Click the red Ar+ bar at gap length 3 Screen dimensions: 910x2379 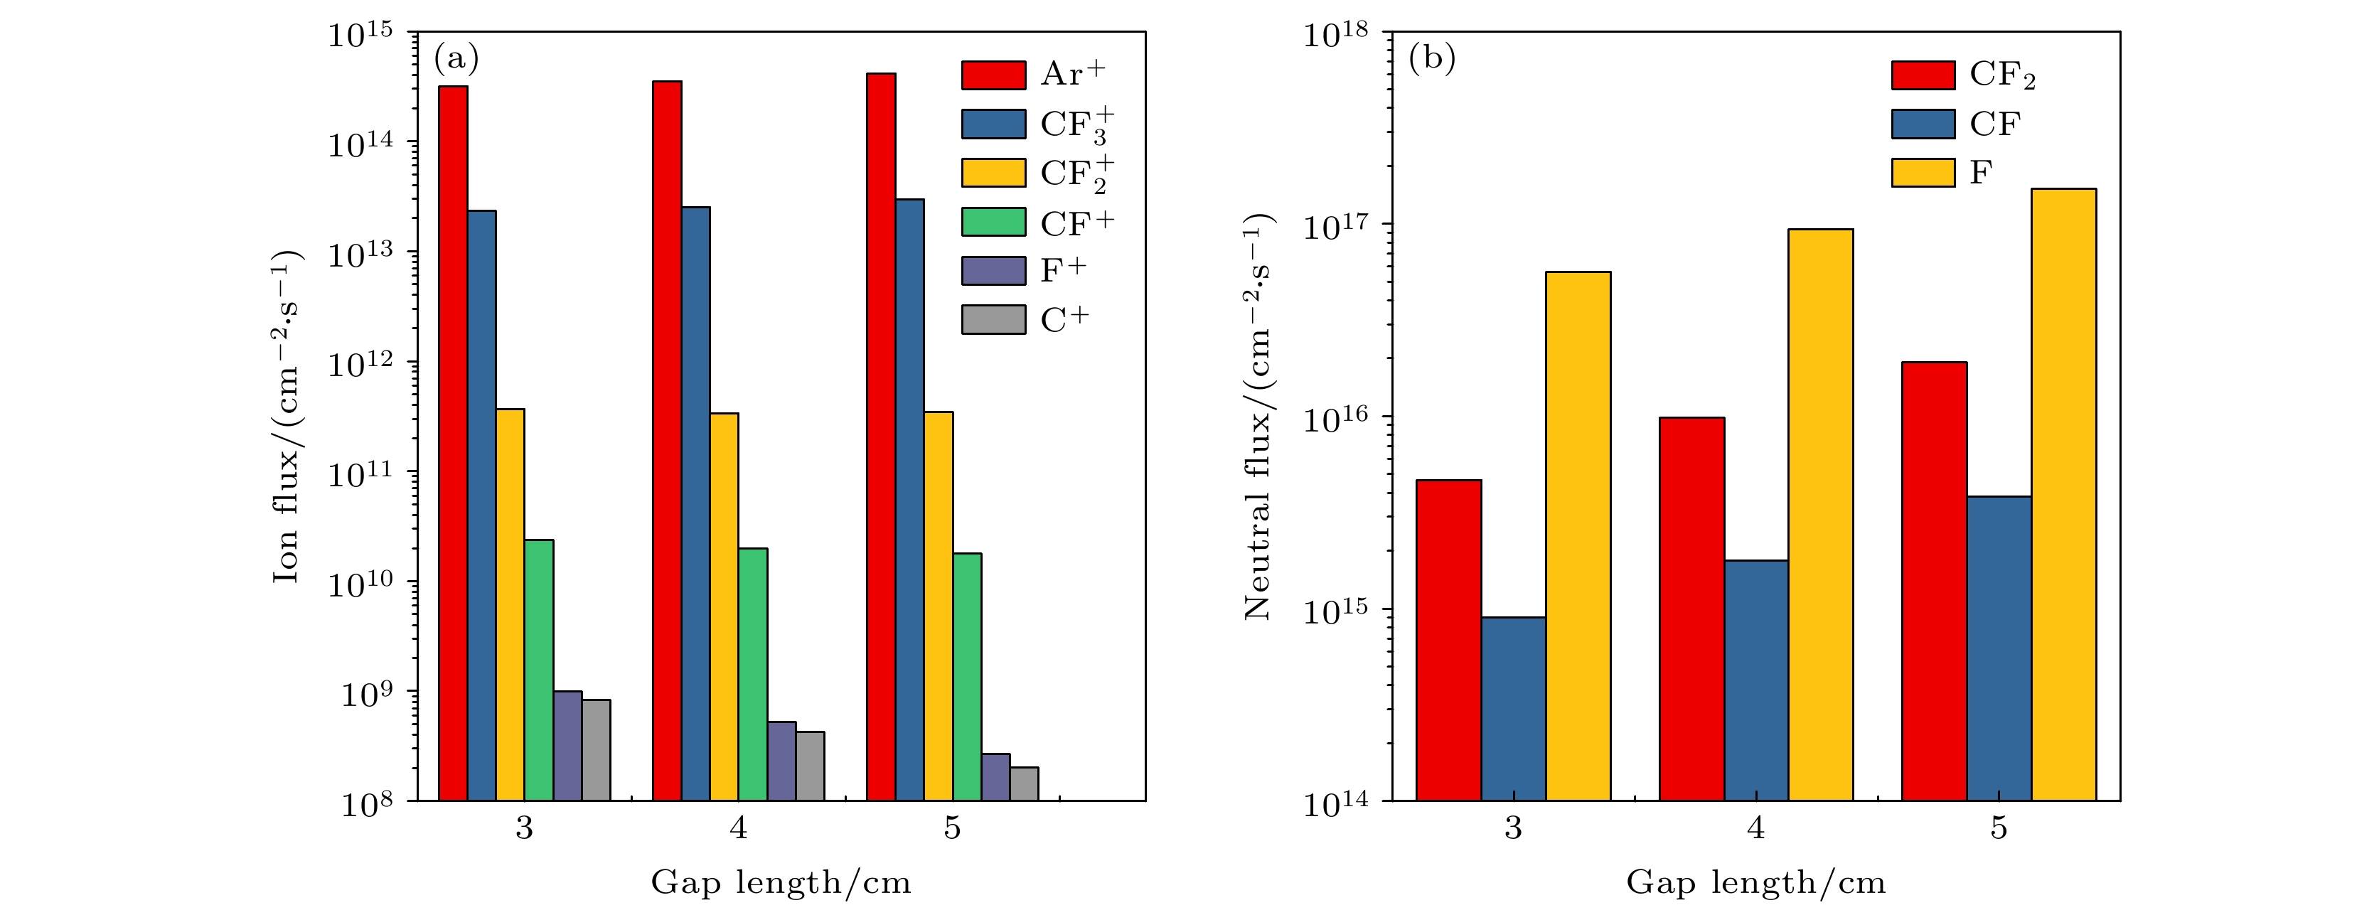452,444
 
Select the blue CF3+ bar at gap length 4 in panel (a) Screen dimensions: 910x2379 695,503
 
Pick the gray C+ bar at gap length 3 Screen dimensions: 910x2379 596,749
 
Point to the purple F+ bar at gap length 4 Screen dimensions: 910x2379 781,760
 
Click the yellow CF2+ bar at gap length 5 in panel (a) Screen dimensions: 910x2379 939,605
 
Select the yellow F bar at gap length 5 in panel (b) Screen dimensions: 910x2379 2063,494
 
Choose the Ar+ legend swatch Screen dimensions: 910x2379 993,75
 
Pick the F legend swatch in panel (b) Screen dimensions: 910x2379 1923,173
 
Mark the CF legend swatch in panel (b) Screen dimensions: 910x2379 1923,124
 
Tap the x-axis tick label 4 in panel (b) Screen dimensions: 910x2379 1755,828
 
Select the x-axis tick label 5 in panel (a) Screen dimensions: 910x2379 952,828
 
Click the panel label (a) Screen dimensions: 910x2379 456,59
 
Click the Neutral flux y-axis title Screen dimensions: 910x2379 1258,416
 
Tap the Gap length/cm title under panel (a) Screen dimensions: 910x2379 781,882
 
